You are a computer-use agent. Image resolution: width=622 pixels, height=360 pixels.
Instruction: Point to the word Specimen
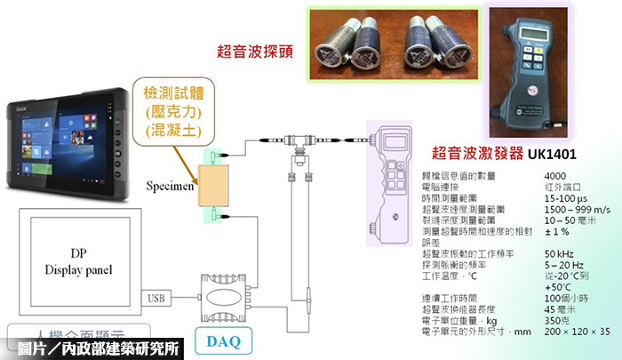(171, 188)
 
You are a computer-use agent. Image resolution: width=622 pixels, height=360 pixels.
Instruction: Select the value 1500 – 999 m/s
(570, 209)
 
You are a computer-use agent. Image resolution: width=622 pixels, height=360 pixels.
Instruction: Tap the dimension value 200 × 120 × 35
(575, 331)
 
